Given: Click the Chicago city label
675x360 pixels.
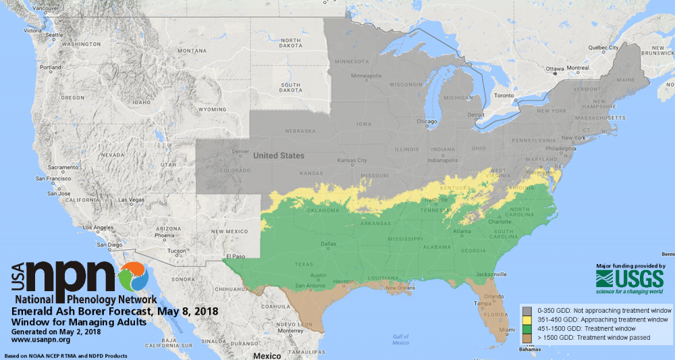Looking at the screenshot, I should [x=427, y=122].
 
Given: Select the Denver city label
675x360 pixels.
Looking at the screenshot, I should [x=240, y=151].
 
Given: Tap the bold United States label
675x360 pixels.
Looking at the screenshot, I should [x=279, y=156].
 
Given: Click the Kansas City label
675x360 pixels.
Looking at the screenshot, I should [x=353, y=161].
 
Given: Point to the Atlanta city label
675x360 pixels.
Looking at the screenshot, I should [x=462, y=232].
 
